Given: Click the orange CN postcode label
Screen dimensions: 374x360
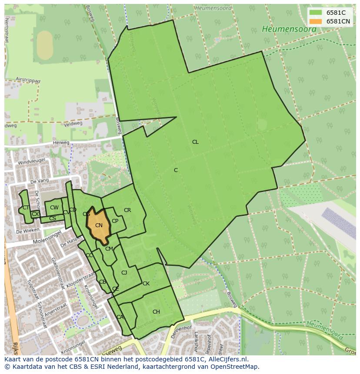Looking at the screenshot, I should [x=99, y=225].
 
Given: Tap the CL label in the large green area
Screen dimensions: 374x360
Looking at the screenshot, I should [x=195, y=142].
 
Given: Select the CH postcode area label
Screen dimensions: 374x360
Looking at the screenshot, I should [x=156, y=312].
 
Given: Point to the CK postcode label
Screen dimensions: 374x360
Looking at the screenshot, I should [x=146, y=284].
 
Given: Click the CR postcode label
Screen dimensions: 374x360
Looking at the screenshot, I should [x=127, y=210].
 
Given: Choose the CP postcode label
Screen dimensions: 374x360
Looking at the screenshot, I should [x=115, y=221].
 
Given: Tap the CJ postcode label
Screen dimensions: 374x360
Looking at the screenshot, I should [x=124, y=273].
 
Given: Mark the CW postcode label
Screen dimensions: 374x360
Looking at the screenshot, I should [x=54, y=208].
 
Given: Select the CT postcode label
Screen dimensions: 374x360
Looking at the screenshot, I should [x=26, y=208].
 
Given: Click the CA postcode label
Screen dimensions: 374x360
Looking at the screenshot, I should [x=120, y=317].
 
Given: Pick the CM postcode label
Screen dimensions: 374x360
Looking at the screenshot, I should [x=109, y=249].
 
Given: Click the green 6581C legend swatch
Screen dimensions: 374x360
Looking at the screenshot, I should [x=316, y=13].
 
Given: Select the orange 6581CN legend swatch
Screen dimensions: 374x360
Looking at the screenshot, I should [x=316, y=21].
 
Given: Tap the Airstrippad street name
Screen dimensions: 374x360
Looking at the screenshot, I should [x=27, y=81].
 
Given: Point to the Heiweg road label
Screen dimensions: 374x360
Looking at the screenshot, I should [x=61, y=142].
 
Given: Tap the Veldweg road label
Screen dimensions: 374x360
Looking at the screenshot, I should [x=73, y=124].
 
